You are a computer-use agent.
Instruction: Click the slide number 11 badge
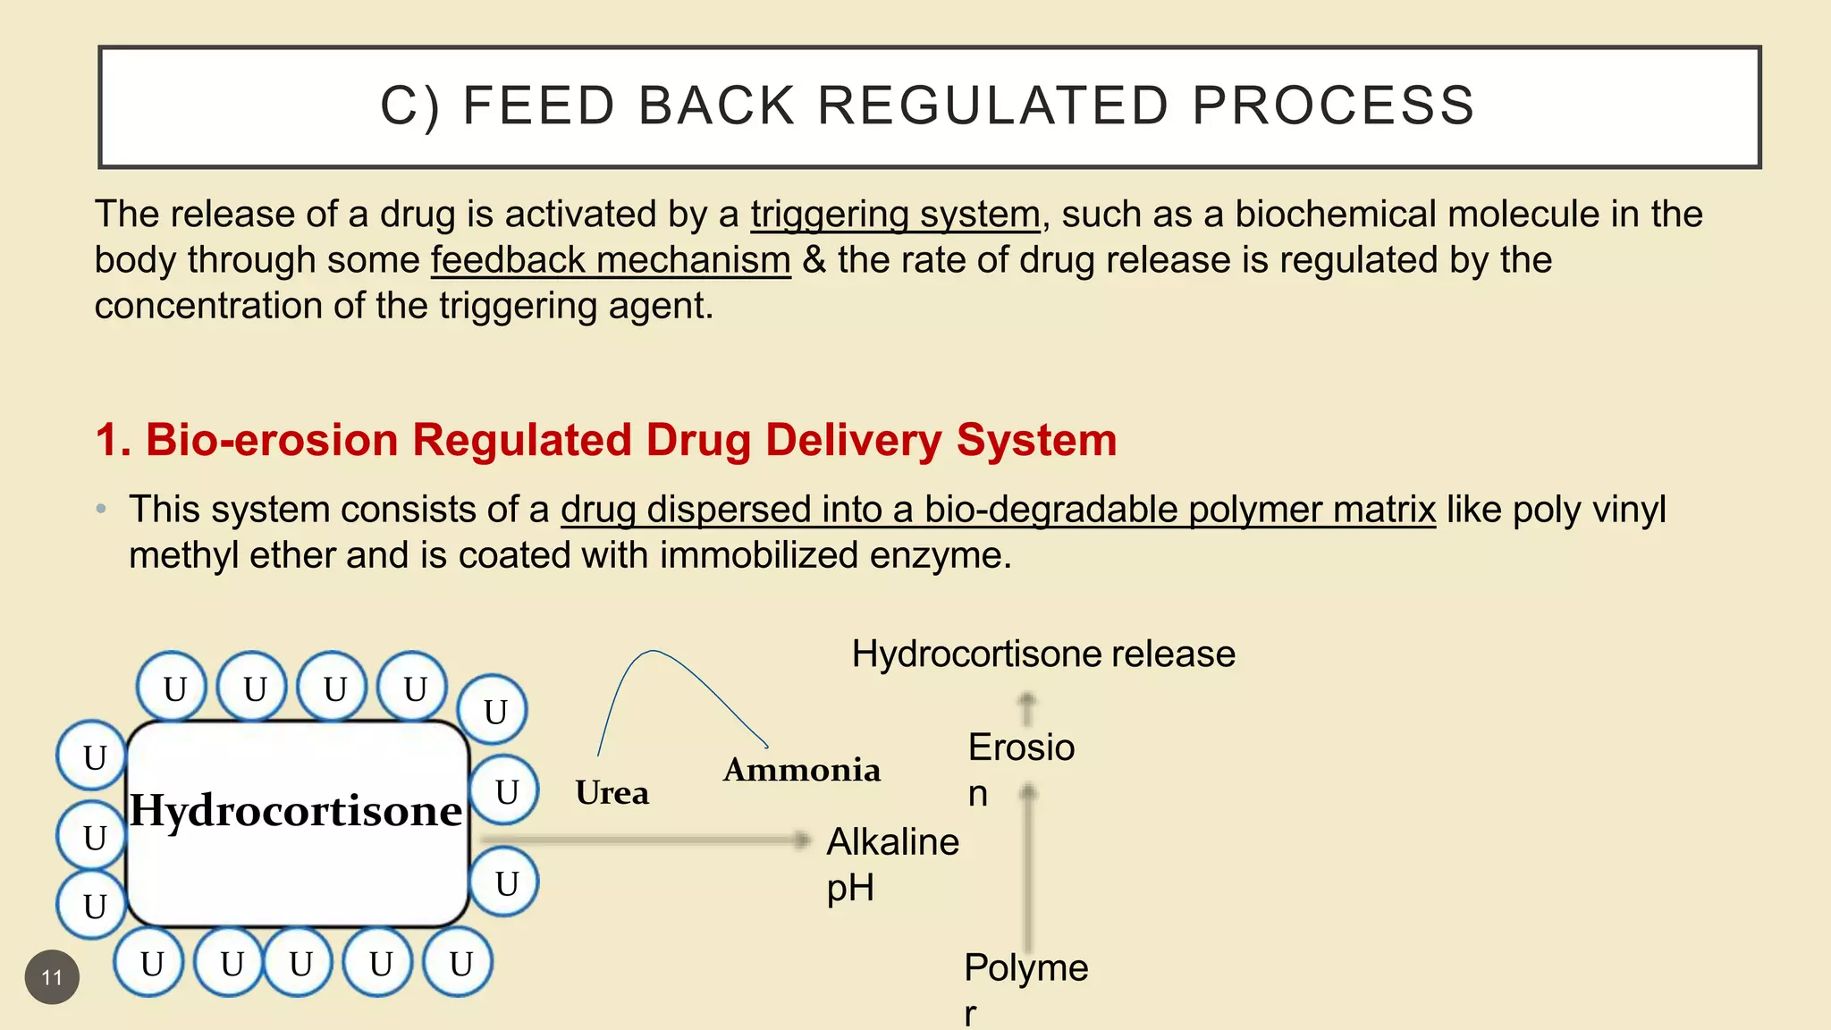(52, 977)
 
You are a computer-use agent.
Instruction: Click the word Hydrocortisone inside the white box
(296, 811)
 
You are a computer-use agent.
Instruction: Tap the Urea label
(612, 793)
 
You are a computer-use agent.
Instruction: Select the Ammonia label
(801, 770)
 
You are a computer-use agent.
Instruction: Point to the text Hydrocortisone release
(1042, 654)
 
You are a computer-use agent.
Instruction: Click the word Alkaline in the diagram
(892, 842)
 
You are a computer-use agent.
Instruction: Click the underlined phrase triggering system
(895, 215)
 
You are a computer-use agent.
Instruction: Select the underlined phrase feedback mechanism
(611, 261)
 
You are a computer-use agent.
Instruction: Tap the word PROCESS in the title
(1333, 106)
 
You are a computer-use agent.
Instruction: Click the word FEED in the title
(538, 106)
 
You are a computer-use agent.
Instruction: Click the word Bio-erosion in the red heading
(272, 441)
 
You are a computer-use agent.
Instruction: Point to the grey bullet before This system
(102, 510)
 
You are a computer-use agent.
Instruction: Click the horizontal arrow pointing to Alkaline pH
(644, 840)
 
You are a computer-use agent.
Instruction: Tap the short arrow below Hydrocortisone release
(1027, 709)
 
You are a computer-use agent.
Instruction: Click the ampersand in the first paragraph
(814, 261)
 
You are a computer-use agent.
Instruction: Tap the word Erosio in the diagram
(1021, 747)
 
